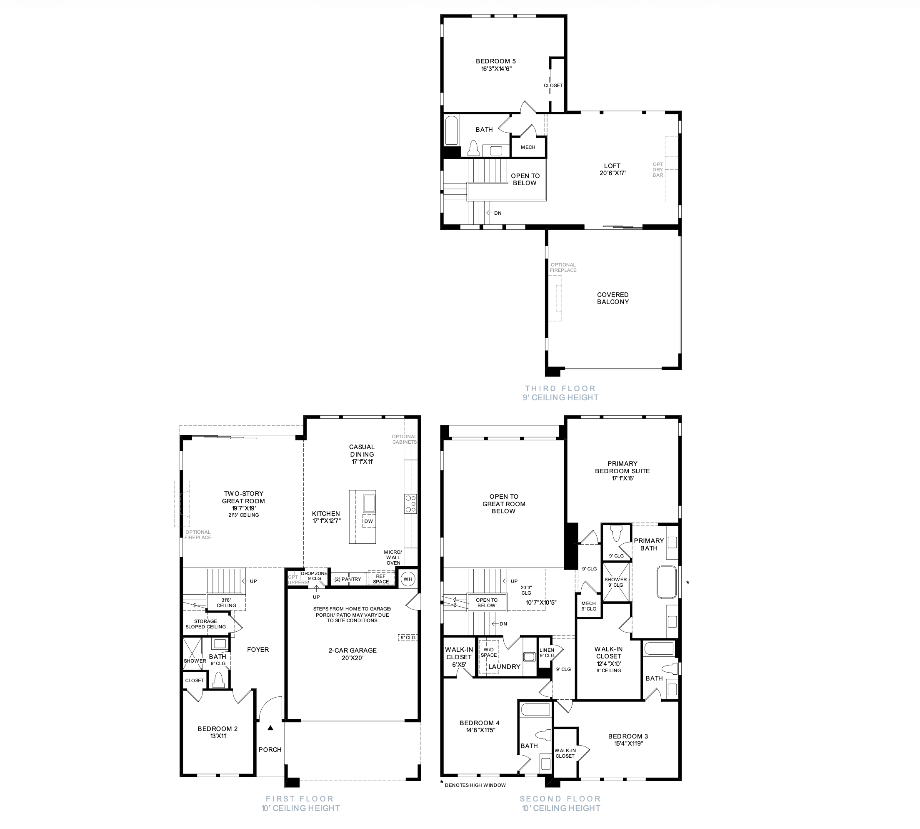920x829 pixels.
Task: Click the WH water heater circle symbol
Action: coord(407,579)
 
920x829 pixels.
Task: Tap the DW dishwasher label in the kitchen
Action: coord(369,521)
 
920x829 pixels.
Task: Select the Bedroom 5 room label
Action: coord(496,61)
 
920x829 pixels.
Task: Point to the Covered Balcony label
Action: coord(613,298)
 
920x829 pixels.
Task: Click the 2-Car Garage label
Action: coord(353,651)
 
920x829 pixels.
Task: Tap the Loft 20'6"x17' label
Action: coord(612,169)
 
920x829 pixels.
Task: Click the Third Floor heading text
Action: coord(560,389)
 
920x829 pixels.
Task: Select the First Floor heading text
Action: coord(300,799)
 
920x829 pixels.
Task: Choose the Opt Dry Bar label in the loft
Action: coord(658,169)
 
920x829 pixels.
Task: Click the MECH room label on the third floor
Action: coord(528,147)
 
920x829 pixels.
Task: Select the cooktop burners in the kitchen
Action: coord(410,504)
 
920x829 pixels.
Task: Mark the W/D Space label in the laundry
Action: coord(489,652)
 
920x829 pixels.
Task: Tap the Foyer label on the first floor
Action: coord(258,650)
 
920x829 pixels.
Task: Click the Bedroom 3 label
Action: coord(628,736)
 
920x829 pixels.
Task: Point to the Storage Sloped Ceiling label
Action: coord(206,624)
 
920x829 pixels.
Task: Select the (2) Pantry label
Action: coord(348,579)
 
